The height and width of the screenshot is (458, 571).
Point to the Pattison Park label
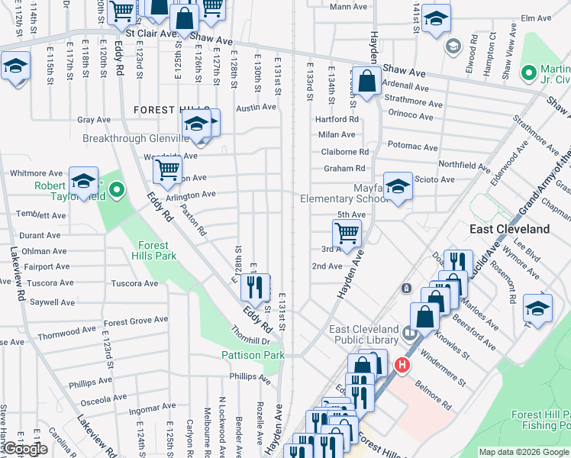coord(253,355)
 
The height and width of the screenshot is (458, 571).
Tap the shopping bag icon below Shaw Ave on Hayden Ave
coord(367,82)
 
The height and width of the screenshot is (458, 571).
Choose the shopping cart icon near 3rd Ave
coord(347,233)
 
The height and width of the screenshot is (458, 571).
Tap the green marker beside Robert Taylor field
coord(116,189)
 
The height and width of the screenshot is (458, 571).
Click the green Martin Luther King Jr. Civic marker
coord(527,73)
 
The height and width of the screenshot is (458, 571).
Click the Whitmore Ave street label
coord(36,173)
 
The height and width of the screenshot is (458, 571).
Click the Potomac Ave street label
coord(412,147)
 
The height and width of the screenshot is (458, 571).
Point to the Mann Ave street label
coord(350,7)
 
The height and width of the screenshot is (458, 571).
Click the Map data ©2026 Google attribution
coord(524,452)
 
